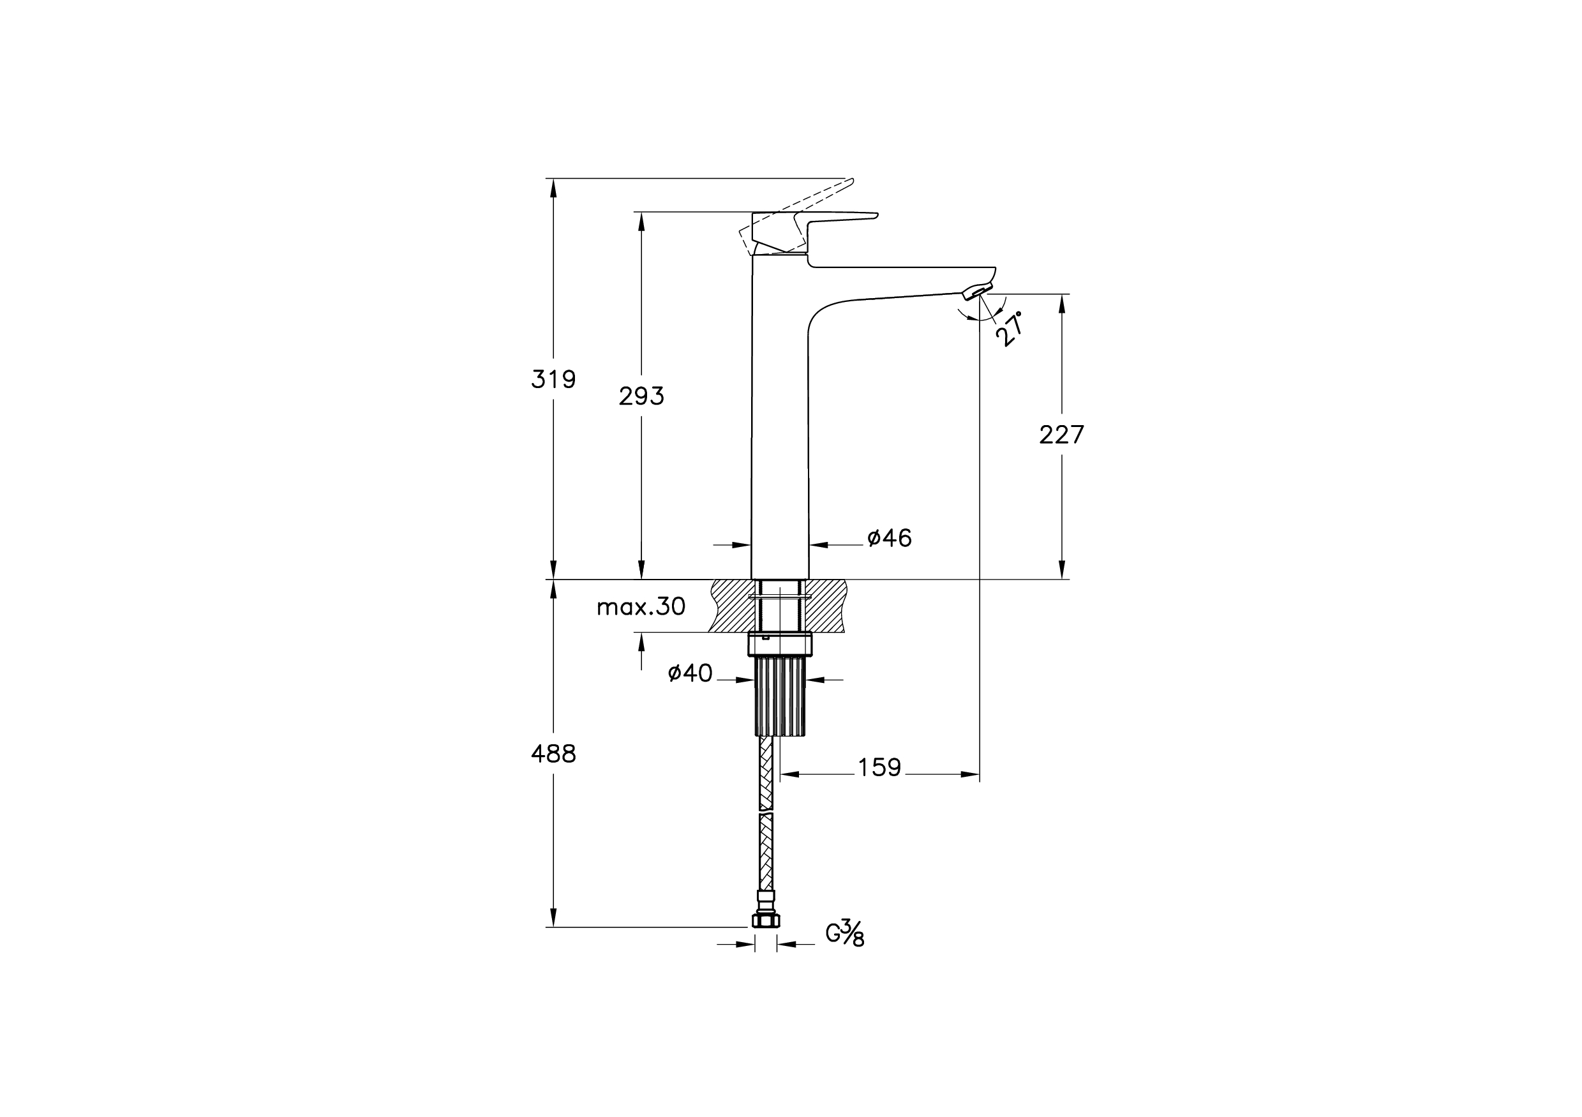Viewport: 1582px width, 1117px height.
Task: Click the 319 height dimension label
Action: [553, 379]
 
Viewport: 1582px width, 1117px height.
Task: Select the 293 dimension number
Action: [641, 396]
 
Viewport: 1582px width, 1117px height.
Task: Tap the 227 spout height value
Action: [1062, 435]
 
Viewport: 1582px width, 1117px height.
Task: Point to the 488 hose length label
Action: [553, 754]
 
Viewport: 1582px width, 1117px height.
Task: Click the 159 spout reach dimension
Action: [879, 767]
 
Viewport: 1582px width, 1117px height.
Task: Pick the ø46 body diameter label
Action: [890, 538]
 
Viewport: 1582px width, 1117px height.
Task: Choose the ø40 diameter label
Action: [690, 673]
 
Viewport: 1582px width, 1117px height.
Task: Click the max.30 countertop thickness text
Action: [641, 606]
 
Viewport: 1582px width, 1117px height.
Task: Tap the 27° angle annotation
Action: [1010, 329]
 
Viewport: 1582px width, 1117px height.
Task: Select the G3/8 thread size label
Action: [845, 934]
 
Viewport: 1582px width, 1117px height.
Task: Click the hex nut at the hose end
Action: [766, 920]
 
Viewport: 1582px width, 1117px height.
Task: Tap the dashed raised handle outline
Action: [796, 217]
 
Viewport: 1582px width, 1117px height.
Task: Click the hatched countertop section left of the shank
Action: [730, 606]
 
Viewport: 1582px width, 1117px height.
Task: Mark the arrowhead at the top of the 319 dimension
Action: [553, 188]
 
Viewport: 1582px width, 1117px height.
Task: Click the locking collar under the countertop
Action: [780, 644]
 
